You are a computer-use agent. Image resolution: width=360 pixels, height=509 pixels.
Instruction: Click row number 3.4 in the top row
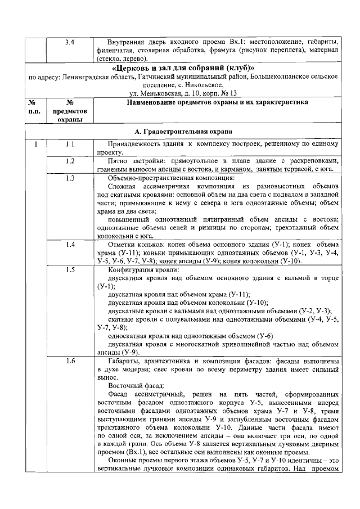pyautogui.click(x=70, y=42)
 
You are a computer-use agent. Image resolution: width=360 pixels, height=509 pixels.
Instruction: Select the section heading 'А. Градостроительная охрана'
pyautogui.click(x=183, y=132)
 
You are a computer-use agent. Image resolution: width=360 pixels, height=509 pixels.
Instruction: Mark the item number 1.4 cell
pyautogui.click(x=70, y=245)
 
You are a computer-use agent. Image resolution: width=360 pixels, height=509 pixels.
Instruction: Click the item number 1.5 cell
pyautogui.click(x=70, y=269)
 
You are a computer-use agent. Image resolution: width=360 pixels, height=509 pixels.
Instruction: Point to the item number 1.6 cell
pyautogui.click(x=70, y=361)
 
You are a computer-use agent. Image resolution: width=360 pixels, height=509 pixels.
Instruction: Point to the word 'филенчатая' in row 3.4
pyautogui.click(x=116, y=50)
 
